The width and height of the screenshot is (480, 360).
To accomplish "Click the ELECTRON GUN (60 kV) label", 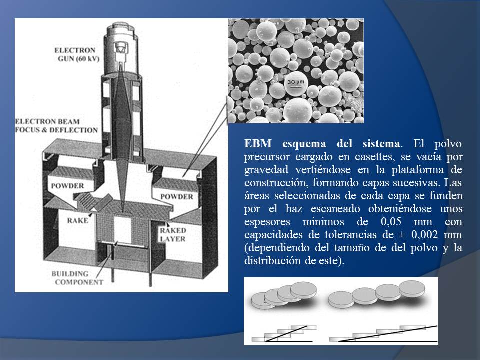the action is pyautogui.click(x=77, y=54).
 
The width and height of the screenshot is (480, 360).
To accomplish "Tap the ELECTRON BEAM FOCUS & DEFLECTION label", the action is pyautogui.click(x=56, y=126).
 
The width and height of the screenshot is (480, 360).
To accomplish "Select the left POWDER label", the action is pyautogui.click(x=67, y=186).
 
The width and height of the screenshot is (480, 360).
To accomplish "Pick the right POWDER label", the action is pyautogui.click(x=177, y=196).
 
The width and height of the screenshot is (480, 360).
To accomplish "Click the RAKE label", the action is pyautogui.click(x=78, y=220).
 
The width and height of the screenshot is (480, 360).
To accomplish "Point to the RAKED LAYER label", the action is pyautogui.click(x=173, y=235).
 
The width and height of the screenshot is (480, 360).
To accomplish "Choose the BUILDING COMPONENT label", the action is pyautogui.click(x=77, y=278).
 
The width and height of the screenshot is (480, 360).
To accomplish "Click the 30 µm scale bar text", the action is pyautogui.click(x=296, y=82).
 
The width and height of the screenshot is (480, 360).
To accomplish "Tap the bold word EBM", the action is pyautogui.click(x=258, y=143).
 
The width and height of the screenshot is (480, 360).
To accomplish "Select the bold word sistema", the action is pyautogui.click(x=381, y=143).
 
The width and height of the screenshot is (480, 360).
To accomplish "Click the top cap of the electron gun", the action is pyautogui.click(x=120, y=29).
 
